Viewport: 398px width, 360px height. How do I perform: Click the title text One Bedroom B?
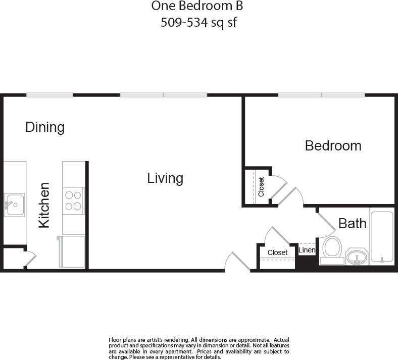[x=197, y=7]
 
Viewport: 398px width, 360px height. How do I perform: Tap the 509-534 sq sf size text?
[x=198, y=23]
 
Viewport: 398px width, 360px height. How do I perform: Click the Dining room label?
[x=45, y=127]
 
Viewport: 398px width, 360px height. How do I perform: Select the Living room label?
[x=165, y=178]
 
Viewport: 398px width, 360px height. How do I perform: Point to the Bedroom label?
[x=333, y=146]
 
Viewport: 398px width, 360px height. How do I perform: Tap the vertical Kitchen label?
[x=44, y=205]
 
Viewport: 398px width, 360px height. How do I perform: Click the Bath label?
[x=352, y=223]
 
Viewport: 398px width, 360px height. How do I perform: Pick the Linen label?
[x=307, y=250]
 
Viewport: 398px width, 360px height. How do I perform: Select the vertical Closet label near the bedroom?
[x=261, y=187]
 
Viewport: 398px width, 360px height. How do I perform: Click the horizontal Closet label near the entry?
[x=277, y=252]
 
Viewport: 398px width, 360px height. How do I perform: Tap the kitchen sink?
[x=14, y=204]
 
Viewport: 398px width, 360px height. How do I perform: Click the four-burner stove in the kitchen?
[x=73, y=200]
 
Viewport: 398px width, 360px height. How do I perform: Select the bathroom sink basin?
[x=357, y=256]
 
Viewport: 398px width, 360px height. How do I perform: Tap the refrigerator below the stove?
[x=73, y=251]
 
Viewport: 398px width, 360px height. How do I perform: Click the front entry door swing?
[x=237, y=262]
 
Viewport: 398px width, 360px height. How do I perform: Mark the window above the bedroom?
[x=321, y=95]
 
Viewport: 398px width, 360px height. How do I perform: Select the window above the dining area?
[x=49, y=95]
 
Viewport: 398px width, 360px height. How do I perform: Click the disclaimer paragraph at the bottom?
[x=199, y=348]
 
